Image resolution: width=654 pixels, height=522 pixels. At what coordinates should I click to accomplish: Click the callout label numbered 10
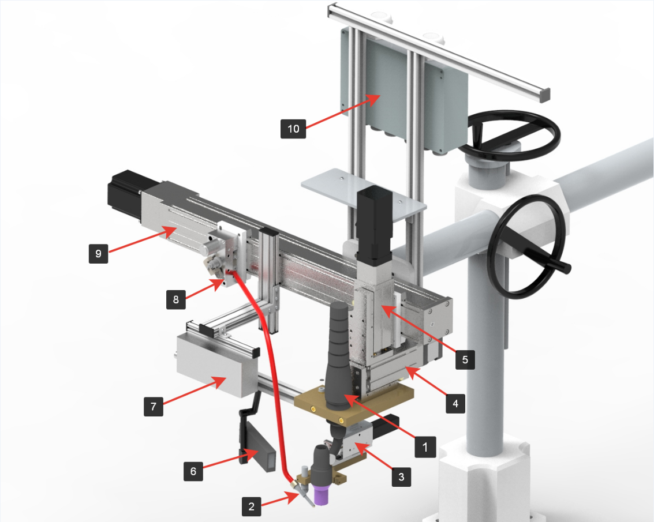pyautogui.click(x=293, y=129)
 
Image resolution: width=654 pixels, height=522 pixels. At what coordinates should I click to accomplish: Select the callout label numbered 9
pyautogui.click(x=99, y=253)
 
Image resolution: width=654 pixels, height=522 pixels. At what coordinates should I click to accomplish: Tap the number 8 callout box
pyautogui.click(x=176, y=299)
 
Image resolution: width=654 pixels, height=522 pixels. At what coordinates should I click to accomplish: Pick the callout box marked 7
pyautogui.click(x=154, y=407)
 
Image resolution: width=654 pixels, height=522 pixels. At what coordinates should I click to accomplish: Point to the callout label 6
pyautogui.click(x=193, y=471)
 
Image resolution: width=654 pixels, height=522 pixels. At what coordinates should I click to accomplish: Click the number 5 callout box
pyautogui.click(x=465, y=360)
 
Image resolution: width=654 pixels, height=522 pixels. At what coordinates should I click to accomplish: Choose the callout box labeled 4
pyautogui.click(x=455, y=404)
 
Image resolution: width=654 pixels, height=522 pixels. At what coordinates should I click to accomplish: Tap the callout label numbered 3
pyautogui.click(x=401, y=477)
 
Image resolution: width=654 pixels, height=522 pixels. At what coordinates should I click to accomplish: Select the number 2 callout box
pyautogui.click(x=252, y=506)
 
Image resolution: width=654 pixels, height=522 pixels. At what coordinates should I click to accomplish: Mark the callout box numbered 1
pyautogui.click(x=425, y=448)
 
